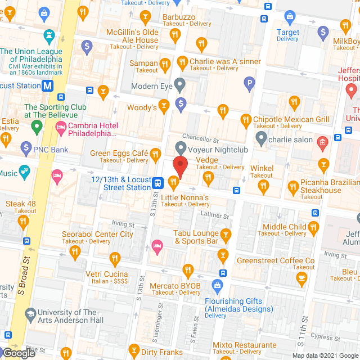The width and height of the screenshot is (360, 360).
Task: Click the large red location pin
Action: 179,168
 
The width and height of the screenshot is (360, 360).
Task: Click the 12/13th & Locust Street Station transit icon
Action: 159,182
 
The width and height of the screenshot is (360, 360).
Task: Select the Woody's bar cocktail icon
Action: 163,105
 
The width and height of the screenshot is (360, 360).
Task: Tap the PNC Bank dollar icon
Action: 26,149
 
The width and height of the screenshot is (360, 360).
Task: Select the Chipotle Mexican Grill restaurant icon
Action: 245,120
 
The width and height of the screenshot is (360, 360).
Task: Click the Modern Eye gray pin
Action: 179,87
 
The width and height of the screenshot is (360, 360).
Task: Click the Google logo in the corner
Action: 18,353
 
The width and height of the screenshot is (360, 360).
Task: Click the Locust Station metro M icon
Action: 48,86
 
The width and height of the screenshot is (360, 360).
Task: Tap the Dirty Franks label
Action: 162,353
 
